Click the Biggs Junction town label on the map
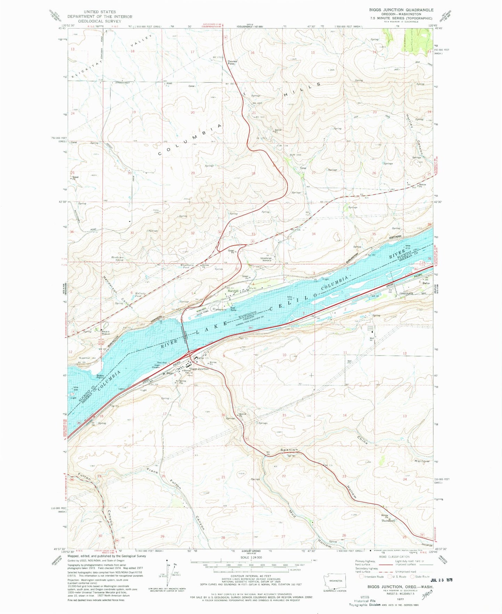(199, 369)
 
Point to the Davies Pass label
(232, 62)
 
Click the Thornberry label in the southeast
(388, 521)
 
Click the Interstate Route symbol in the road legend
(362, 577)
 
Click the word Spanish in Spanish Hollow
(289, 450)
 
